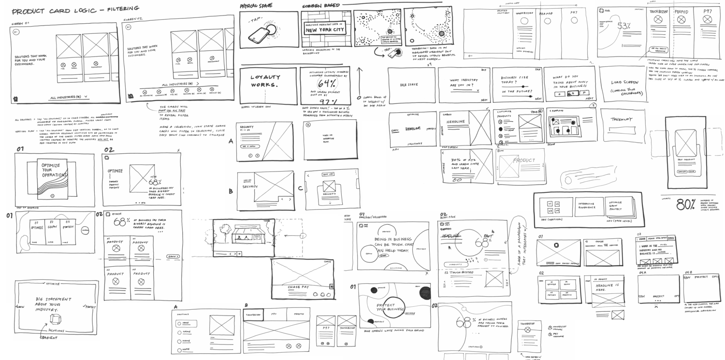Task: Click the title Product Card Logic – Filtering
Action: tap(75, 10)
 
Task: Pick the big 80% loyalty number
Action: tap(685, 205)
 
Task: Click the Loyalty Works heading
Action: tap(265, 81)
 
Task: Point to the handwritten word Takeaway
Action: tap(622, 120)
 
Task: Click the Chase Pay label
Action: tap(298, 287)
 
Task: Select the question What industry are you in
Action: tap(461, 83)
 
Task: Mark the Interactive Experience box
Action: tap(590, 206)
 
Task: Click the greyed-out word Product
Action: tap(524, 160)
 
